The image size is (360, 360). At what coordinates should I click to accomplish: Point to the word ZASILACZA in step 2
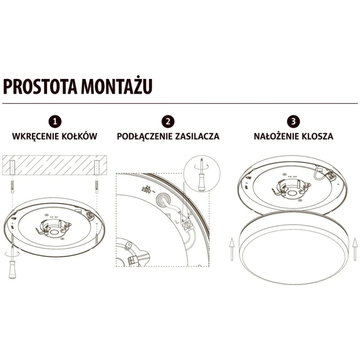point(197,136)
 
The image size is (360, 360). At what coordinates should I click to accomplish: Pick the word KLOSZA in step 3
point(317,136)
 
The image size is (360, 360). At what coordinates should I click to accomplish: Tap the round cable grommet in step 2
point(163,198)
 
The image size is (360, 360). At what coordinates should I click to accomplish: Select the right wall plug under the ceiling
point(97,187)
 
